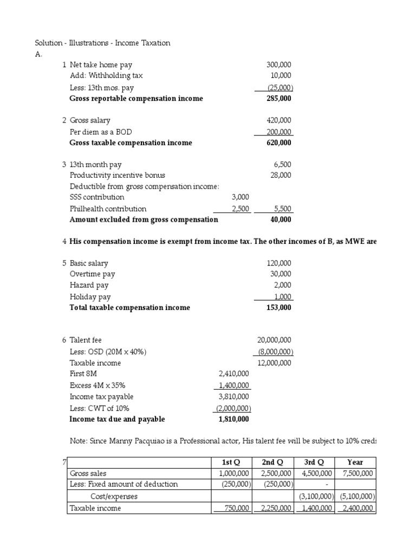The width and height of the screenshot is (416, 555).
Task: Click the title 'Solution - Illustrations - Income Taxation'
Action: (102, 43)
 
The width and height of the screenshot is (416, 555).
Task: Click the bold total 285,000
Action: (279, 99)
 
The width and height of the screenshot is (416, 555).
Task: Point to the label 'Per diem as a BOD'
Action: (101, 132)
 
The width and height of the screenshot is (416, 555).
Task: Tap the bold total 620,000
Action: (279, 143)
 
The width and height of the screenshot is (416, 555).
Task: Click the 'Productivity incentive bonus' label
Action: (118, 175)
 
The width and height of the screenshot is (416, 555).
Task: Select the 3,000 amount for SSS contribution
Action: (239, 197)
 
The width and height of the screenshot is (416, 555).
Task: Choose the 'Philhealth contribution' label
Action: (108, 209)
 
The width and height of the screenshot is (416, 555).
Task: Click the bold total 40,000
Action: (281, 220)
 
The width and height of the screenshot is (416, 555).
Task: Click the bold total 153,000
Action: (279, 307)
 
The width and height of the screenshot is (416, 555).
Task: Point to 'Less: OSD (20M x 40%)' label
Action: (108, 352)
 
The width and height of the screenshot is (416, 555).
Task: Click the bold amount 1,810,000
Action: (233, 419)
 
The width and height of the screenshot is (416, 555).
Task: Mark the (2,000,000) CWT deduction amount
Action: (233, 408)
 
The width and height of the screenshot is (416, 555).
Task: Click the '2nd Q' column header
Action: (274, 462)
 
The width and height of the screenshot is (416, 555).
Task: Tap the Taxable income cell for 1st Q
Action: (231, 508)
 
